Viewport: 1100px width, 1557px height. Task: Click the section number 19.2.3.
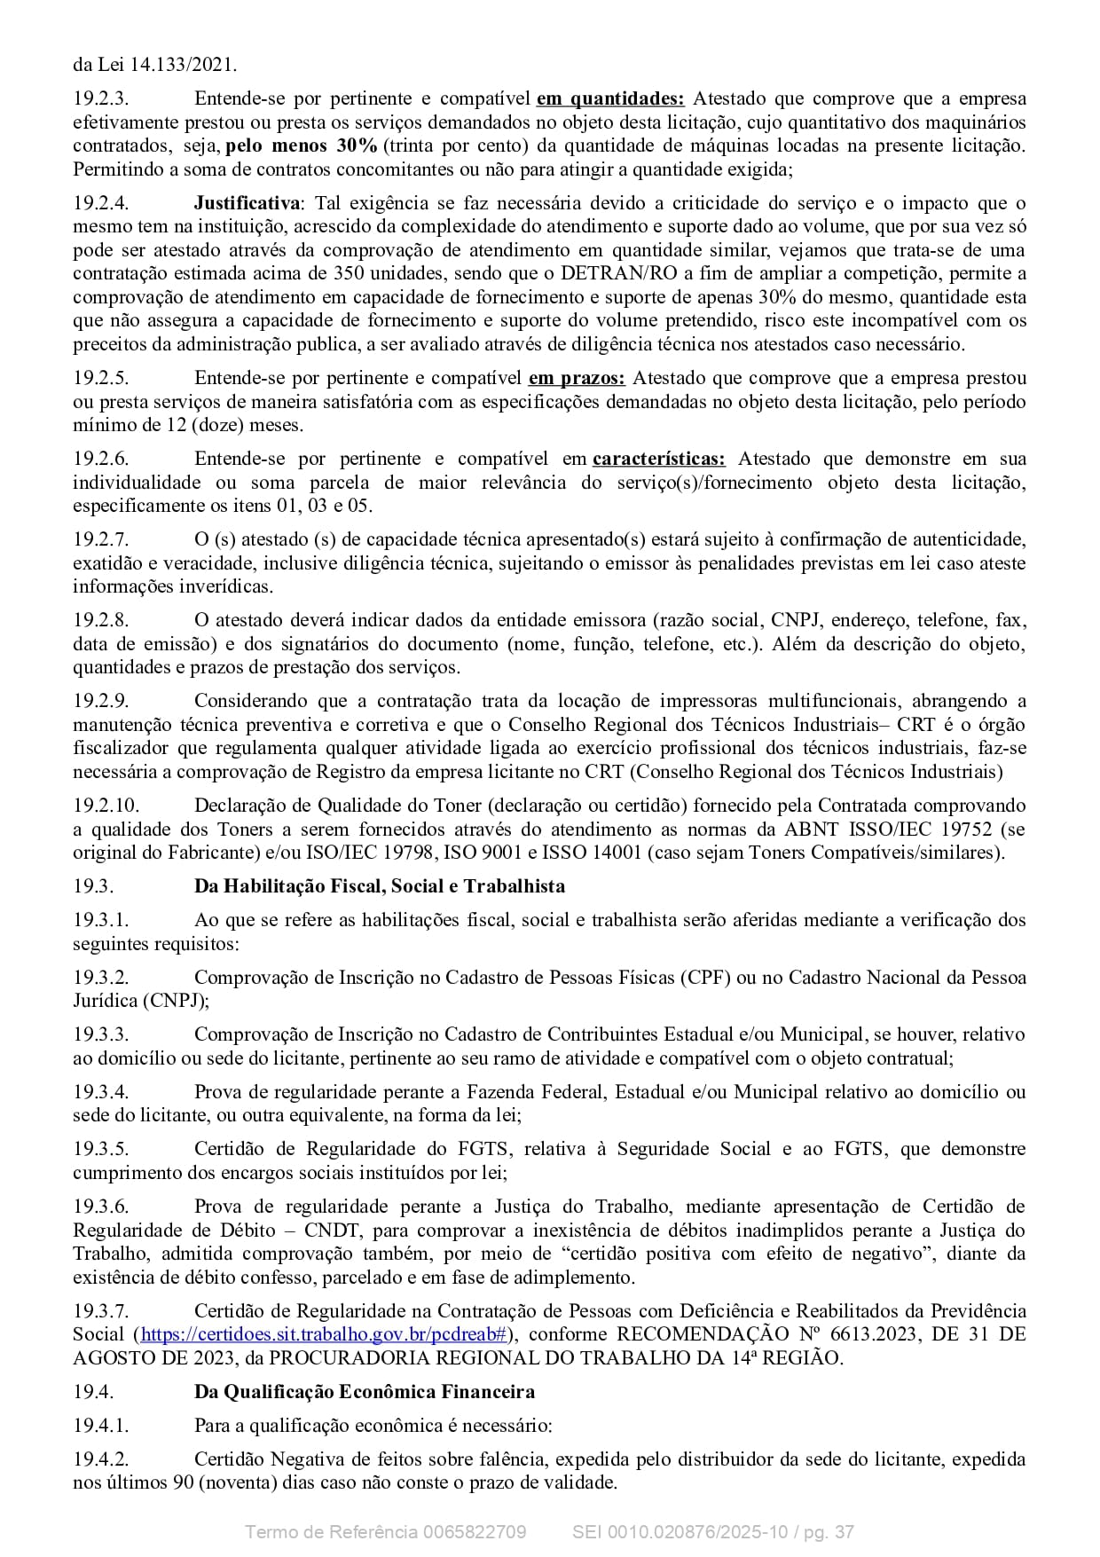coord(101,98)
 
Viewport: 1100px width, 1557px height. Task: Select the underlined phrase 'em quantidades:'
coord(610,98)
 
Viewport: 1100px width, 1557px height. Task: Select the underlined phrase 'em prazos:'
coord(577,378)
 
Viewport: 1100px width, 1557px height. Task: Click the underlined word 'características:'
coord(658,459)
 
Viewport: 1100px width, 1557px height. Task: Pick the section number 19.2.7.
coord(101,539)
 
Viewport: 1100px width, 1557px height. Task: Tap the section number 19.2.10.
coord(106,806)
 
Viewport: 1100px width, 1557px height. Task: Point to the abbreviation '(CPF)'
coord(705,978)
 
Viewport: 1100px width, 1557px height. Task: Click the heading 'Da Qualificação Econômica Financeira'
coord(364,1392)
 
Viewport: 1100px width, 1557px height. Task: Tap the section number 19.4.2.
coord(101,1459)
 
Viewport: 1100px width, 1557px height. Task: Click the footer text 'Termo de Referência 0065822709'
coord(385,1532)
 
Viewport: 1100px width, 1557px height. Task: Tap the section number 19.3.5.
coord(101,1149)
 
